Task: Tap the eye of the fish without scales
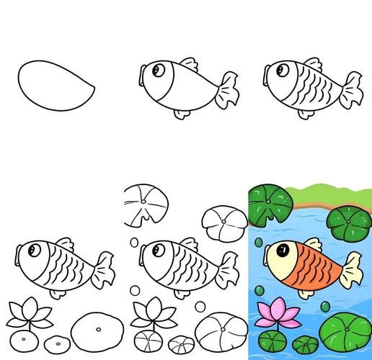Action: click(x=158, y=70)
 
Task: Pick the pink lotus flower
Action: click(x=270, y=312)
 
